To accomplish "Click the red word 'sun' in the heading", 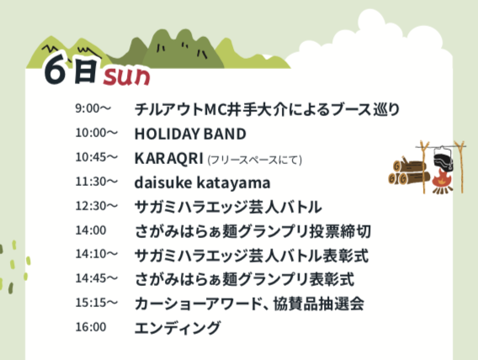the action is (126, 77).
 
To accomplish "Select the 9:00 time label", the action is (93, 109).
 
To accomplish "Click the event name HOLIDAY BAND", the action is (190, 134).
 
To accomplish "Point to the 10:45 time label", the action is (96, 157).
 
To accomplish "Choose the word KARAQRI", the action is (169, 158).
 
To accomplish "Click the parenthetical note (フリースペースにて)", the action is (254, 160).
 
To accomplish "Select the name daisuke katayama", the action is (202, 183).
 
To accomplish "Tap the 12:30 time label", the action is (96, 206).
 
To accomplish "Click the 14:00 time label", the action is (91, 230).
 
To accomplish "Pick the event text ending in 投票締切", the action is (252, 231).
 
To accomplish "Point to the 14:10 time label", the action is (96, 254).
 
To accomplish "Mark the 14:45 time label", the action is (96, 278).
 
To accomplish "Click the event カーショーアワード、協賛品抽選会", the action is (249, 304).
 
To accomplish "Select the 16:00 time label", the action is (91, 327).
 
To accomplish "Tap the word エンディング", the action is (178, 328).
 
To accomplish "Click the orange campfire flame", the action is (442, 179).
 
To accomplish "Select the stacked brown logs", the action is (408, 172).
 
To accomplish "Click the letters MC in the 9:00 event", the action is (215, 109).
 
